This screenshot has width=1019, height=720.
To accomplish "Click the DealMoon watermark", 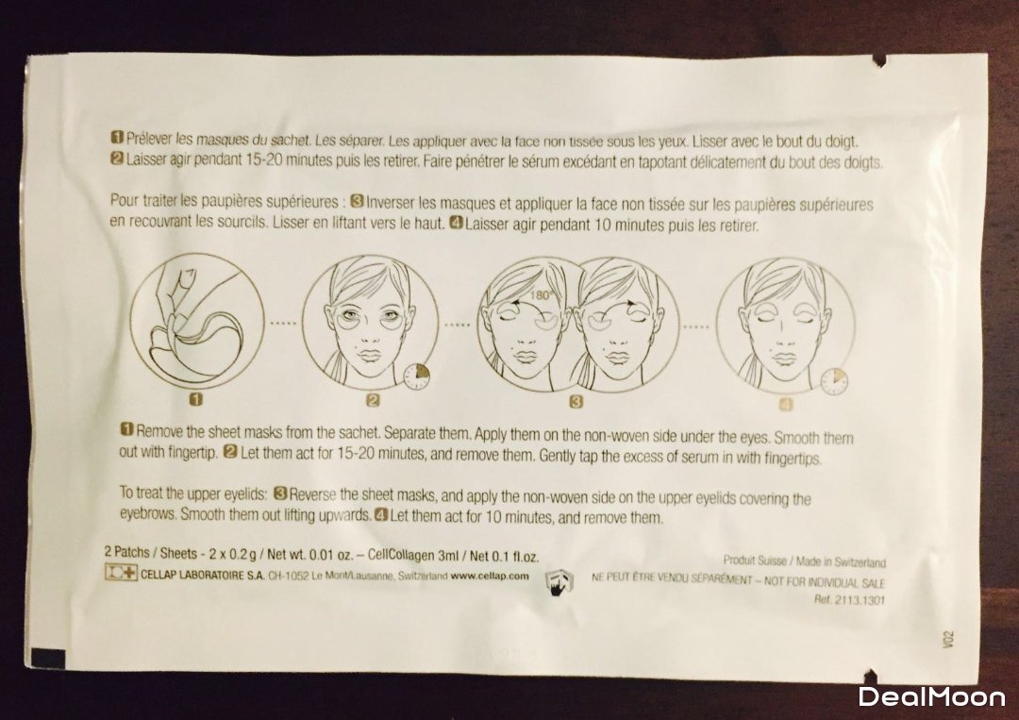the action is pos(932,697).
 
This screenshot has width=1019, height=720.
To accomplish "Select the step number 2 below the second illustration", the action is pos(373,400).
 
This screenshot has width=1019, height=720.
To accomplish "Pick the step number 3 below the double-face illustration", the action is pos(576,402).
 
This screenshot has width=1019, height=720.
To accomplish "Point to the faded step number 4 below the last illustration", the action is pos(786,405).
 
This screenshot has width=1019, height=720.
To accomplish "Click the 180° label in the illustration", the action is pos(540,294).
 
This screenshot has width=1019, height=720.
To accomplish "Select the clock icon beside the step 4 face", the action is pos(834,381).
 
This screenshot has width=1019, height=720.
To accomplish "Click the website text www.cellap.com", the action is pos(490,576).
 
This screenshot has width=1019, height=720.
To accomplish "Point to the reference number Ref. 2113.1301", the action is pos(849,600).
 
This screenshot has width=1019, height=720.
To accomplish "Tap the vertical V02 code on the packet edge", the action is pos(947,639).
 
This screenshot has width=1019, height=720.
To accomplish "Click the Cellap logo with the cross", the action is pos(121,573).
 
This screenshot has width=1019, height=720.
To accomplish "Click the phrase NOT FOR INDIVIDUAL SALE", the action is pos(825,581).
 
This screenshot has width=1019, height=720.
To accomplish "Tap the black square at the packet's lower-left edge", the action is pos(48,657).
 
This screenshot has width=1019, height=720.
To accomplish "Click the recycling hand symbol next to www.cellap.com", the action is pos(559,582).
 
